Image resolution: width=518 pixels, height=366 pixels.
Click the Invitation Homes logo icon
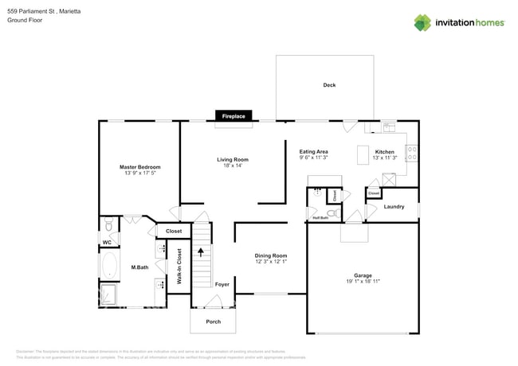coord(422,22)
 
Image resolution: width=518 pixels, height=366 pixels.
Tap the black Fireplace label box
coord(233,116)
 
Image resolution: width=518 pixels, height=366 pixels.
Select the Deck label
coord(329,85)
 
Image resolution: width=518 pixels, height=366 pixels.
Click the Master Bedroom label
coord(140,167)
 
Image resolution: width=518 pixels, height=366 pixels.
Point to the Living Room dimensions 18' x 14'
coord(233,165)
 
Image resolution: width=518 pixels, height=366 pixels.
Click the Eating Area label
coord(313,151)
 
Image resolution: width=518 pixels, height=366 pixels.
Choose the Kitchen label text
coord(385,151)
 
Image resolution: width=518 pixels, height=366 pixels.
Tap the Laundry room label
coord(394,207)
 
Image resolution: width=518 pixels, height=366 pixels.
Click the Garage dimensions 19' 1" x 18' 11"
coord(363,282)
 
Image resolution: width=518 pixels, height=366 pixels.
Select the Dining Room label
coord(271,255)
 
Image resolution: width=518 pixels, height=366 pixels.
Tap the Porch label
coord(213,321)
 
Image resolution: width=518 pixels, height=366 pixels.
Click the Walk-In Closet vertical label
coord(179,267)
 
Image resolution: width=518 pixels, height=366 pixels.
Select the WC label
coord(107,242)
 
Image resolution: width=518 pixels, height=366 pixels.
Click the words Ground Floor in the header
coord(25,20)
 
